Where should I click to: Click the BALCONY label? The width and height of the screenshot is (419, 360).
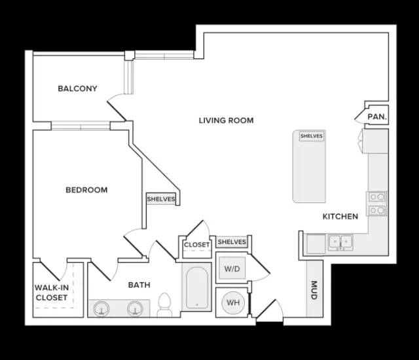point(77,88)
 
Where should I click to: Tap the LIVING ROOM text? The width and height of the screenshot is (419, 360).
point(226,120)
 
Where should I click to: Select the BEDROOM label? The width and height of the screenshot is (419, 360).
point(86,190)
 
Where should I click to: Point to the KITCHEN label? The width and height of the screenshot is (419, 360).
point(340,216)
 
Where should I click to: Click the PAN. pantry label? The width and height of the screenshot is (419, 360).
point(377,117)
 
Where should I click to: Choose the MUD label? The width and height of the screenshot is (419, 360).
point(314,290)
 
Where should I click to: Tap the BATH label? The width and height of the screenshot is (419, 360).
point(139,285)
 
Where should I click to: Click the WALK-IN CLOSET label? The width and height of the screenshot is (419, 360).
point(52,293)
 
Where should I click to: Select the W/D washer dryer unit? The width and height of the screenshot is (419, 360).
point(232,268)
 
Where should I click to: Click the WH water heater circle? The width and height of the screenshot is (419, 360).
point(233,302)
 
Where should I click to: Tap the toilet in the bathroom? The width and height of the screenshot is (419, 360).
point(164,305)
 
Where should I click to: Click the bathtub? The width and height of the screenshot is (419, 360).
point(197,287)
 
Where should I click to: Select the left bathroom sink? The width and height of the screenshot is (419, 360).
point(101,309)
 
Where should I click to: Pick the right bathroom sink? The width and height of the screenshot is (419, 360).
point(136,309)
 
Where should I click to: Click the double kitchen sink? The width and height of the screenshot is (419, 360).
point(340,242)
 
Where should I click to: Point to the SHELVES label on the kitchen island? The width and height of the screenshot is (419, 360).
point(312,136)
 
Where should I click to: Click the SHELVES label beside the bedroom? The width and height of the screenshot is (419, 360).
point(161,199)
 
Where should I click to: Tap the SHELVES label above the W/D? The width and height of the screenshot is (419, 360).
point(232,242)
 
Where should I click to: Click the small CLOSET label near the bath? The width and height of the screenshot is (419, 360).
point(197,245)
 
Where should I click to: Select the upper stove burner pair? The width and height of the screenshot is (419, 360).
point(377,197)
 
